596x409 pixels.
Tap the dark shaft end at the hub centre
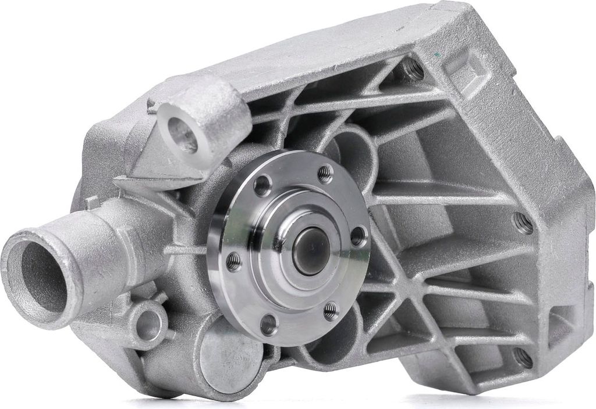[311, 250]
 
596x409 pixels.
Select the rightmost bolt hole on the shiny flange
[359, 236]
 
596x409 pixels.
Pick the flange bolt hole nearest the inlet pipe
[233, 261]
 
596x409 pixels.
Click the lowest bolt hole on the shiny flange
[268, 324]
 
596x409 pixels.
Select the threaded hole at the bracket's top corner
[413, 69]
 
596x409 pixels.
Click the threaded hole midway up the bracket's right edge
[522, 223]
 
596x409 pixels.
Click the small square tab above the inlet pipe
[91, 203]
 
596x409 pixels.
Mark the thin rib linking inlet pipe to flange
[186, 249]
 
